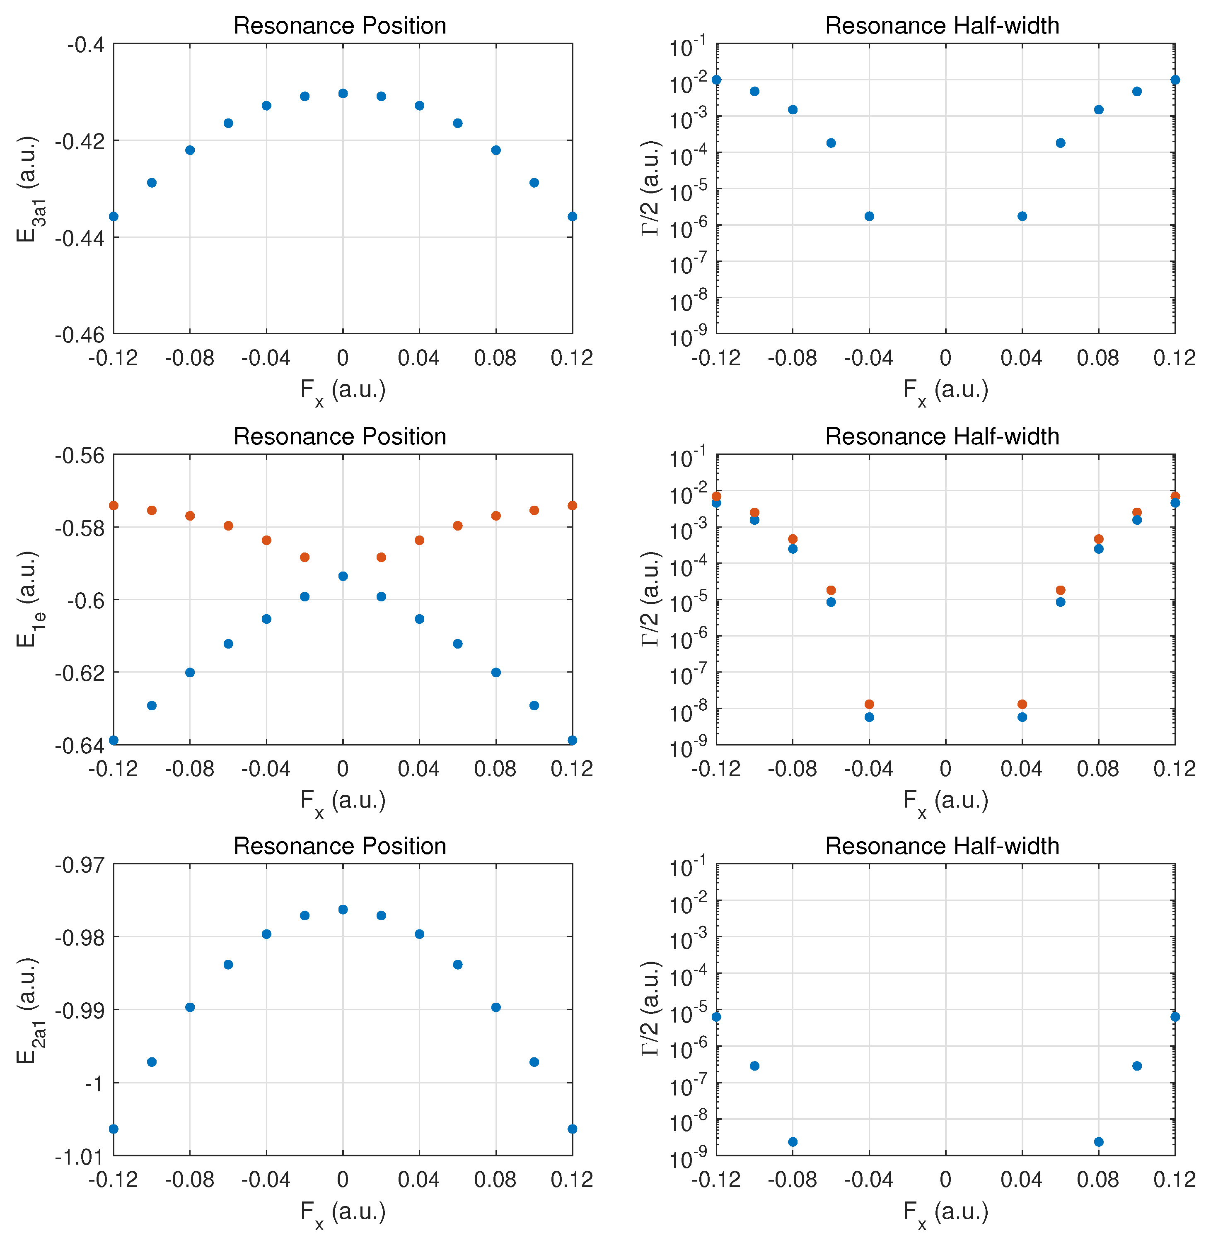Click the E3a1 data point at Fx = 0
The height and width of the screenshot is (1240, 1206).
click(343, 94)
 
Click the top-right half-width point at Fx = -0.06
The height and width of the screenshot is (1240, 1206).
click(831, 143)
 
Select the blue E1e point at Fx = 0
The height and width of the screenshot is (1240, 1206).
click(343, 576)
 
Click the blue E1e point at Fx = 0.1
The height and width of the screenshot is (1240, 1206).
click(534, 705)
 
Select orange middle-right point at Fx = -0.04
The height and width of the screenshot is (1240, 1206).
click(869, 704)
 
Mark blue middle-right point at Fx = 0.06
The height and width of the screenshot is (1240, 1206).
click(1060, 602)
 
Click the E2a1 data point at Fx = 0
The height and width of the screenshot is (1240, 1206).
click(343, 909)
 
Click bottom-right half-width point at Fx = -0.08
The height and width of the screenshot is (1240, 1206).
click(793, 1142)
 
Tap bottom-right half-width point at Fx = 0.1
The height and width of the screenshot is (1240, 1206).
click(1137, 1066)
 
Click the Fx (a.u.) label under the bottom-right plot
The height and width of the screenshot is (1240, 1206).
click(945, 1211)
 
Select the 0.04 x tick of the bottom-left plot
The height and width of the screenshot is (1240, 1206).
click(419, 1179)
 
